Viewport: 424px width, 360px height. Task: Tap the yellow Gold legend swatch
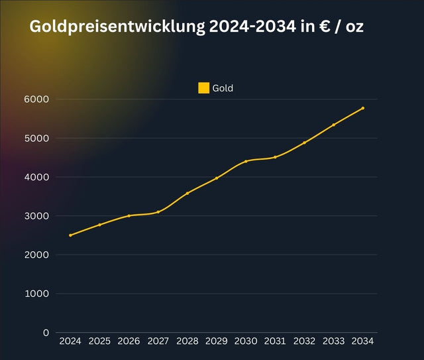coord(204,88)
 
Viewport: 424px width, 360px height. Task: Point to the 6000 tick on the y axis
coord(38,99)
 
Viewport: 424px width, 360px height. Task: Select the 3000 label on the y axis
coord(38,216)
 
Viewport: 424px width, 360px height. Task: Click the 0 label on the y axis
coord(46,333)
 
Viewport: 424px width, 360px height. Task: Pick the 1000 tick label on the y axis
coord(38,294)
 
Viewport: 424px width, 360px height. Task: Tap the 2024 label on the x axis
coord(70,341)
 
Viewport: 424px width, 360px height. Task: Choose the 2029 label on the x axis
coord(217,341)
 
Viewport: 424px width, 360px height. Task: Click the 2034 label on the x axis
coord(363,341)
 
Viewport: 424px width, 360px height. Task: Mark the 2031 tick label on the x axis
coord(275,341)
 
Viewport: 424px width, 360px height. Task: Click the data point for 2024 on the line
coord(70,235)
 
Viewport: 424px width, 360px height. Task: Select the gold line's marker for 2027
coord(158,212)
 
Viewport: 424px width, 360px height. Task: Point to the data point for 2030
coord(246,161)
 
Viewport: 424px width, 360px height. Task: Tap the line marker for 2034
coord(363,108)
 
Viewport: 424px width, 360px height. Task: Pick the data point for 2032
coord(305,143)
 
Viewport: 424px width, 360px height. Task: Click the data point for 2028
coord(187,193)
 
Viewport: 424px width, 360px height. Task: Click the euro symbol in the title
coord(323,27)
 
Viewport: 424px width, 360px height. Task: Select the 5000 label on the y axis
coord(38,139)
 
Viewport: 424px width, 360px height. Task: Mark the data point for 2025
coord(99,225)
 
